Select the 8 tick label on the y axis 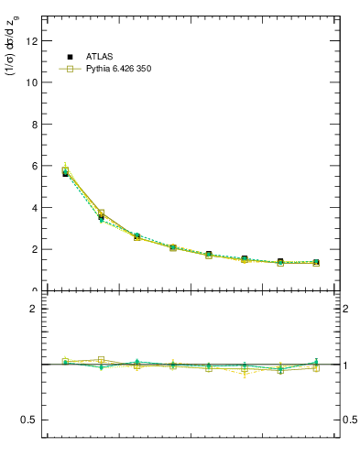[x=32, y=124]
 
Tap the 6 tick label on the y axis [x=32, y=166]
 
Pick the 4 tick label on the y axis [x=32, y=207]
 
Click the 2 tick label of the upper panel [x=32, y=249]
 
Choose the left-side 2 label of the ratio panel [x=32, y=309]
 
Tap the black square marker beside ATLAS [x=70, y=57]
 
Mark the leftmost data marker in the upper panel [x=65, y=170]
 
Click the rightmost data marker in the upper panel [x=316, y=263]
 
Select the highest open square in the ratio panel [x=101, y=360]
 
